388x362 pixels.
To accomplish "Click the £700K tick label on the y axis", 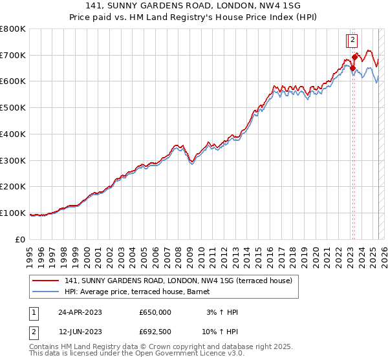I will pos(12,56).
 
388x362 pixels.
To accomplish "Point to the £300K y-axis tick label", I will pos(12,160).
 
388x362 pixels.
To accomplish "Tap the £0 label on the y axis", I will pos(20,239).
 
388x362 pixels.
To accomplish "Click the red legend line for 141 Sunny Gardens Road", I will pos(46,281).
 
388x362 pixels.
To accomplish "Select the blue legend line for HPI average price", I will pos(46,292).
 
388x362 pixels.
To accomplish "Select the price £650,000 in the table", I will pos(155,312).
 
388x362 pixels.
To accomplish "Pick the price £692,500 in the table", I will pos(155,332).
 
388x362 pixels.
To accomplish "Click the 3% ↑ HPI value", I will pos(222,312).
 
